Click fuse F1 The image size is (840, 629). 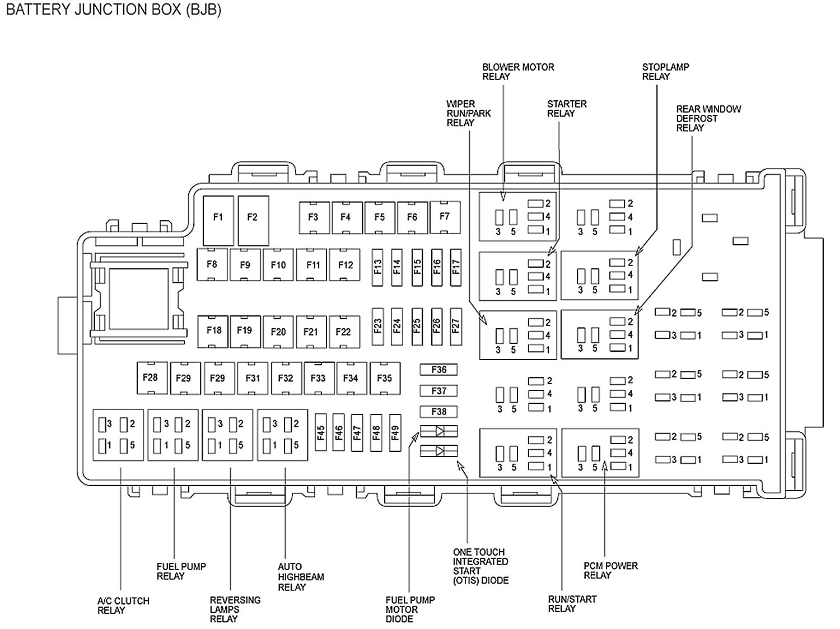click(x=218, y=217)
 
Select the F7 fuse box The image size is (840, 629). click(x=445, y=216)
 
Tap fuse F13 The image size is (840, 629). click(x=377, y=265)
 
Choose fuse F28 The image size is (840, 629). click(x=151, y=378)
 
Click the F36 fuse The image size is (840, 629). click(x=439, y=370)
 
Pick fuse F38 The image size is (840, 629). click(x=439, y=412)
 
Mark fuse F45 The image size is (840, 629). click(x=321, y=432)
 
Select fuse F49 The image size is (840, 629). click(x=395, y=432)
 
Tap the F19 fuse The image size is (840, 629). click(x=245, y=330)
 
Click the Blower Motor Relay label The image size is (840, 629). click(x=518, y=72)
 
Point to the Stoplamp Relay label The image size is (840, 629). click(x=665, y=72)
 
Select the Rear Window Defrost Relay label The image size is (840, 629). click(x=708, y=118)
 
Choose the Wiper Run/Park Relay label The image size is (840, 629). click(x=468, y=113)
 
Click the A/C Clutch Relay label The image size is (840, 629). click(x=123, y=605)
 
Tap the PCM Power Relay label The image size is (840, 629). click(x=610, y=571)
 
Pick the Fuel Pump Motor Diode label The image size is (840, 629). click(x=410, y=609)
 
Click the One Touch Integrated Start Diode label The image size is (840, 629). click(x=480, y=566)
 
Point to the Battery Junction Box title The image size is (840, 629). click(x=114, y=11)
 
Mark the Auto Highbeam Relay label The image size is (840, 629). click(x=301, y=577)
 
